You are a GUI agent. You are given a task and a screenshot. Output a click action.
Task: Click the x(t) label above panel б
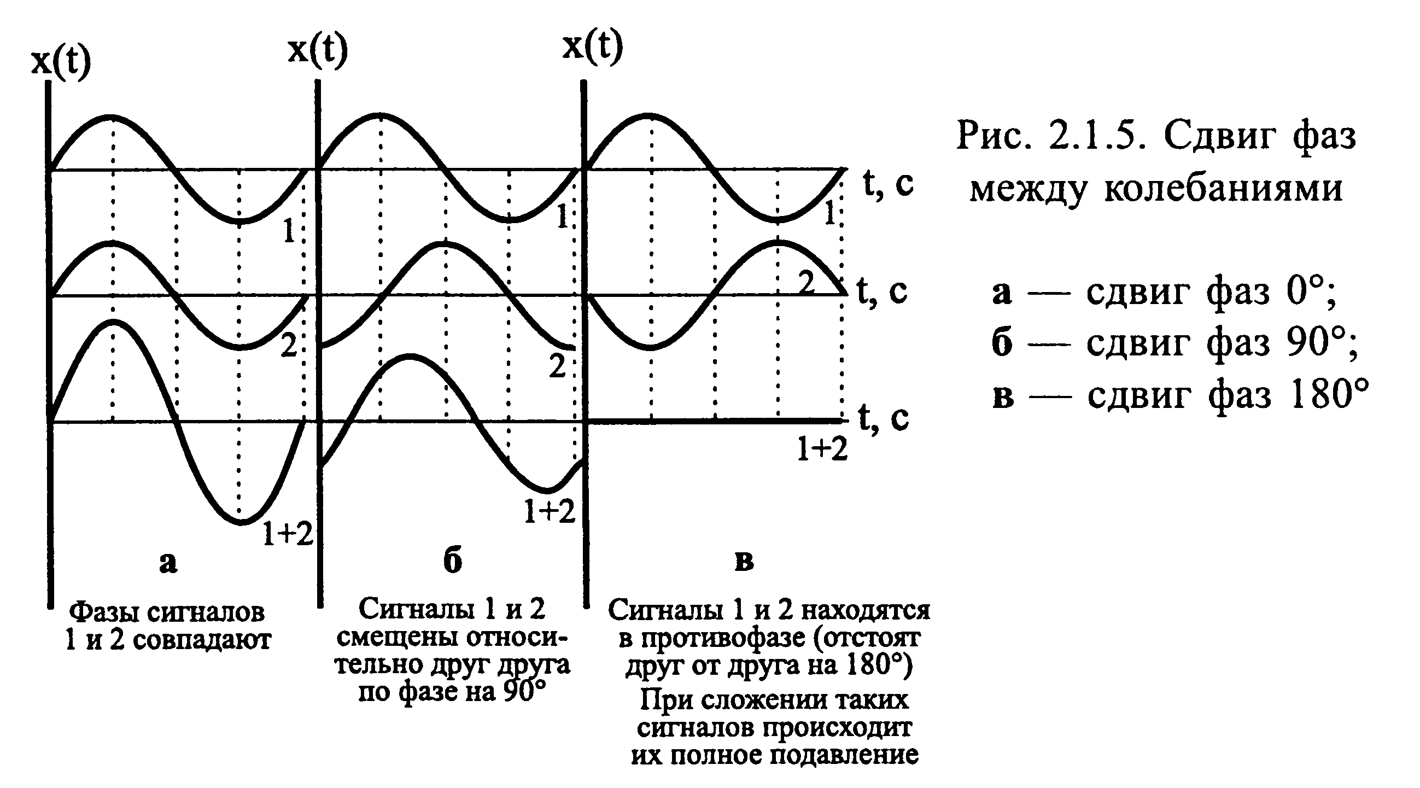[318, 51]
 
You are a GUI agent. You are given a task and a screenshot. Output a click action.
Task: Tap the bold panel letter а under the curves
[168, 563]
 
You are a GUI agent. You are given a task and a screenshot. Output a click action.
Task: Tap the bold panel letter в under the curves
[744, 562]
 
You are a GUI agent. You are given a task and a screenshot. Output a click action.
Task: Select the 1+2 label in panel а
[288, 533]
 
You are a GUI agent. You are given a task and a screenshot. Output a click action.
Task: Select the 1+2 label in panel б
[550, 512]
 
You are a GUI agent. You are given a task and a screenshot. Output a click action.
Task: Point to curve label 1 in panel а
[289, 232]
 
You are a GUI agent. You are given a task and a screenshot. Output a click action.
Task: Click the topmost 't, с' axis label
[888, 183]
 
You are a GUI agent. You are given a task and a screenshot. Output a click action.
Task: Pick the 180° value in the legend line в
[1330, 395]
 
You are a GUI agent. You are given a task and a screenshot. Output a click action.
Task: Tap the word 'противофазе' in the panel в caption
[722, 639]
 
